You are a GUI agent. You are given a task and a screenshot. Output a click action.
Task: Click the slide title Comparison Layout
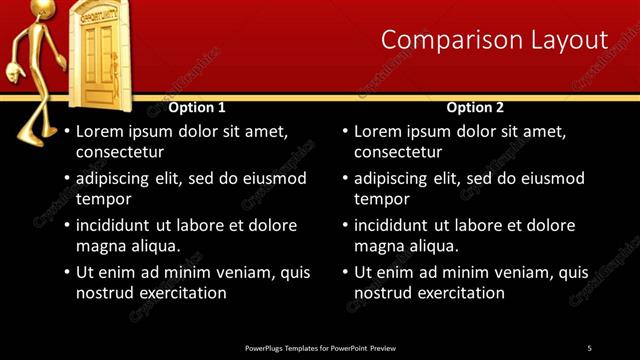(x=494, y=40)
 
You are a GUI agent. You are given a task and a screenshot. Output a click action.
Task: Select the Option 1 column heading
(x=197, y=107)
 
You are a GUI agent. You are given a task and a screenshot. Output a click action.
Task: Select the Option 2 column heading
(x=475, y=107)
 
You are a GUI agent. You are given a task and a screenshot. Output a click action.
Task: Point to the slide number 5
(x=589, y=347)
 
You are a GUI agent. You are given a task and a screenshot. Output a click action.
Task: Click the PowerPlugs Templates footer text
(x=320, y=347)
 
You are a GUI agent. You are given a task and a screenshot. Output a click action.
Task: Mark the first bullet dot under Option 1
(x=67, y=131)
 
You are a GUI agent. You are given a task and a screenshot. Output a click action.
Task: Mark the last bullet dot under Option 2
(x=345, y=272)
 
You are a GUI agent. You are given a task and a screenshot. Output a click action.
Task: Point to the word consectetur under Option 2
(x=398, y=152)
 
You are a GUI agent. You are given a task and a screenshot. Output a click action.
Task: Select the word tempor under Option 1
(x=103, y=199)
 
